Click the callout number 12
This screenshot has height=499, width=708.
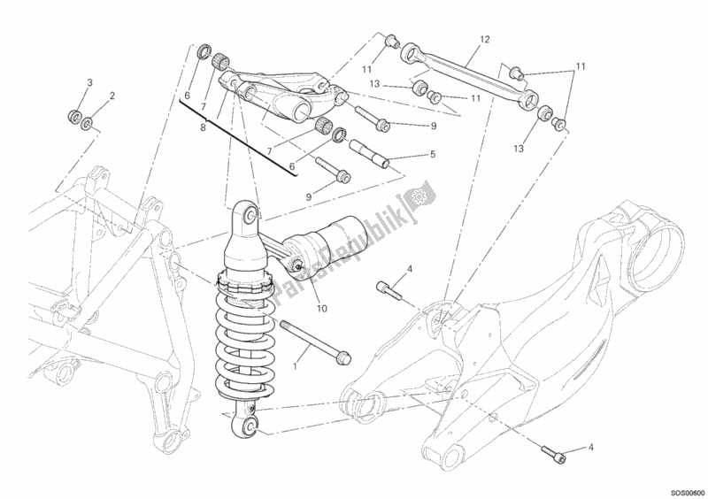[x=484, y=40]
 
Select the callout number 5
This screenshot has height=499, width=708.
[x=433, y=154]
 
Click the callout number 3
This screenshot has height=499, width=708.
[x=89, y=83]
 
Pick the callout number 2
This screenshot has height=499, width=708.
[x=112, y=96]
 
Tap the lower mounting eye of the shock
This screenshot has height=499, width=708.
[x=250, y=427]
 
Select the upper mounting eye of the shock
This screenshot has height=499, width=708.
[x=251, y=216]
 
